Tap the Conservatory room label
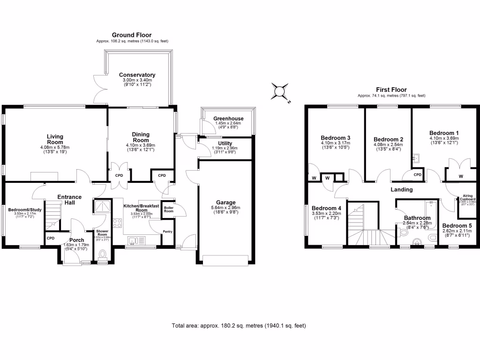(x=137, y=75)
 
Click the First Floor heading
(x=391, y=90)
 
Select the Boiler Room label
(x=168, y=209)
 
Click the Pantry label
(x=168, y=231)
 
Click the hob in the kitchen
(x=117, y=224)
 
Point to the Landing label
(x=402, y=190)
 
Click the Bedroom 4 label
(x=326, y=208)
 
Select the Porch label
(x=76, y=240)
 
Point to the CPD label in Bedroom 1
(x=418, y=175)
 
